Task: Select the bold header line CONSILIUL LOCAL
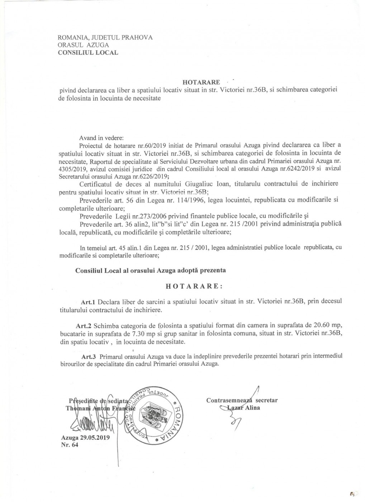[88, 53]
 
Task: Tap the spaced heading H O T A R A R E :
[194, 286]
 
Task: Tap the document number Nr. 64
[70, 445]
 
